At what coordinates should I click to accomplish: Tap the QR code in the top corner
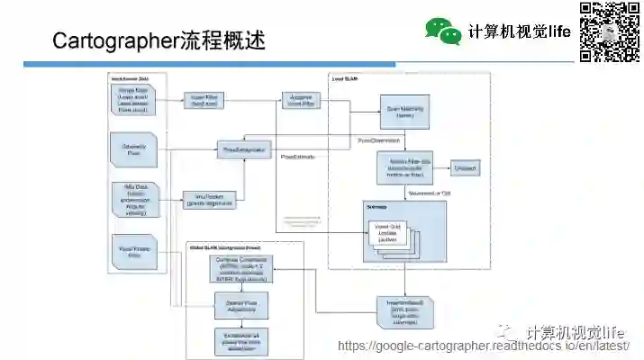pyautogui.click(x=609, y=31)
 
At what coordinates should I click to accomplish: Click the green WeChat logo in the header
pyautogui.click(x=443, y=31)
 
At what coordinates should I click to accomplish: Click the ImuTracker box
pyautogui.click(x=209, y=199)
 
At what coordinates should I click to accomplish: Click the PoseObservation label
pyautogui.click(x=379, y=140)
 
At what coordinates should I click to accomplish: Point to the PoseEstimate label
pyautogui.click(x=298, y=157)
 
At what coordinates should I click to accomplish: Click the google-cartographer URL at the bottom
pyautogui.click(x=484, y=346)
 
